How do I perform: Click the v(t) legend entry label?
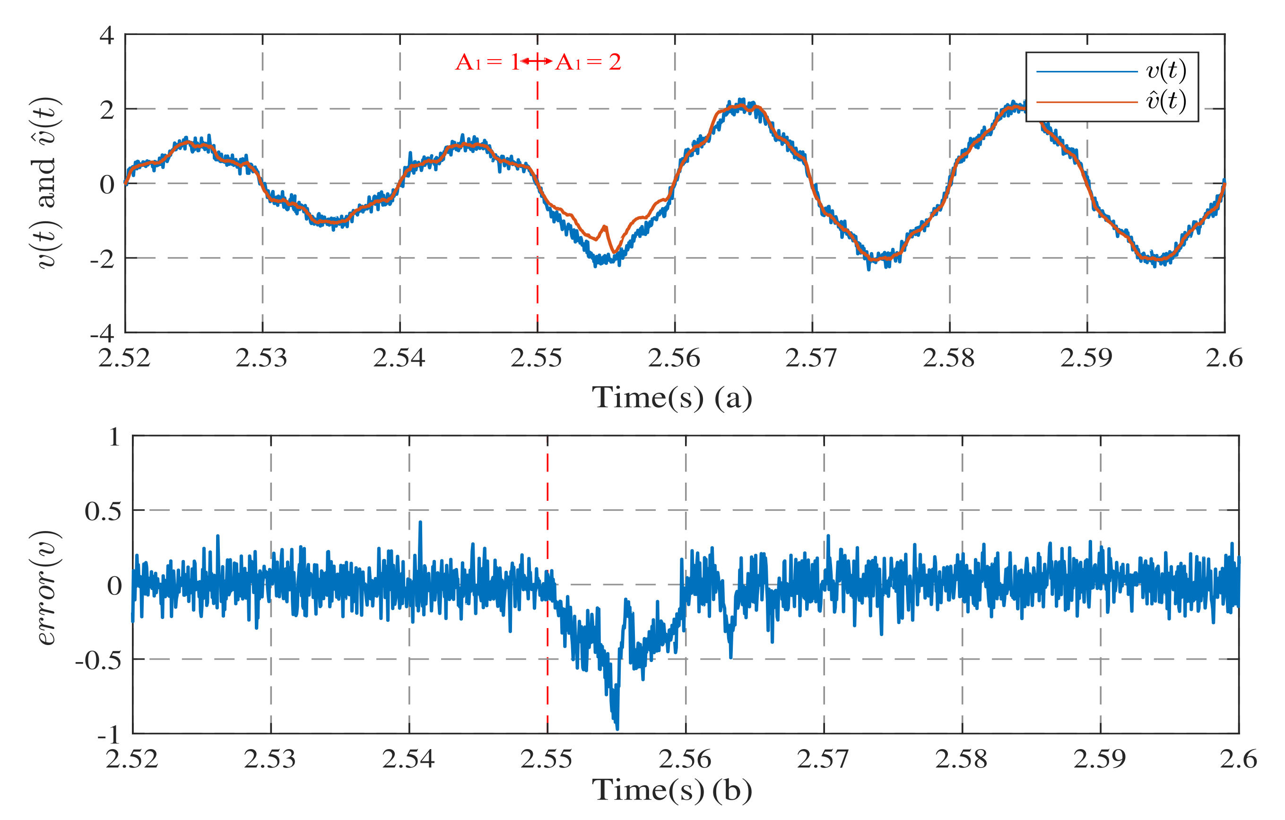(x=1166, y=70)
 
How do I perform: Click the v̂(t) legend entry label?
(x=1166, y=101)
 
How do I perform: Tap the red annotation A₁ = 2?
(x=588, y=62)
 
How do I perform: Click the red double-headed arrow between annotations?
(x=536, y=61)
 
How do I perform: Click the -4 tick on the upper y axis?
(x=103, y=333)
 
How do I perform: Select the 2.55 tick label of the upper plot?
(x=536, y=358)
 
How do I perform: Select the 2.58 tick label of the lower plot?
(x=961, y=759)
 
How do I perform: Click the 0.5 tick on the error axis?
(x=103, y=511)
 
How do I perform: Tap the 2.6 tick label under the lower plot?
(x=1238, y=759)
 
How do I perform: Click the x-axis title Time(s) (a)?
(x=672, y=398)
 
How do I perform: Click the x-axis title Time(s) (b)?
(x=672, y=790)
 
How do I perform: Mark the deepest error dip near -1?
(x=617, y=727)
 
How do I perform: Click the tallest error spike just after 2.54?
(x=420, y=523)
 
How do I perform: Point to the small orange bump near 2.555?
(x=605, y=227)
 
